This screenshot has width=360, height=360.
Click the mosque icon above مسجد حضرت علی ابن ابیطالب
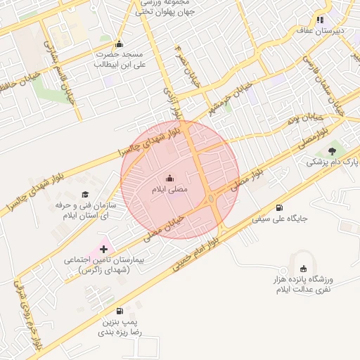pos(118,43)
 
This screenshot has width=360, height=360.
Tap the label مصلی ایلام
pos(169,189)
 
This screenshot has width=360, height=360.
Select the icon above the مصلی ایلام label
pos(169,178)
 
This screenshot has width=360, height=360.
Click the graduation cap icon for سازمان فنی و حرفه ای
pos(85,194)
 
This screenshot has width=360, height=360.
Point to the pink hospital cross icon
pos(104,248)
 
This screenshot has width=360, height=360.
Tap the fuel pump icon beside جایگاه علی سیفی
pos(281,207)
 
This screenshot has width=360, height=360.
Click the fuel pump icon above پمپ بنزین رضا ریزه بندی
pos(119,311)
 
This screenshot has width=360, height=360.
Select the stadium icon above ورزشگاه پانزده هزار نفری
pos(303,268)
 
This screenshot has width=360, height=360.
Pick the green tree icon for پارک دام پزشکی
pos(332,150)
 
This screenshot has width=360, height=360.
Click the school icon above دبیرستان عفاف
pos(320,20)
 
